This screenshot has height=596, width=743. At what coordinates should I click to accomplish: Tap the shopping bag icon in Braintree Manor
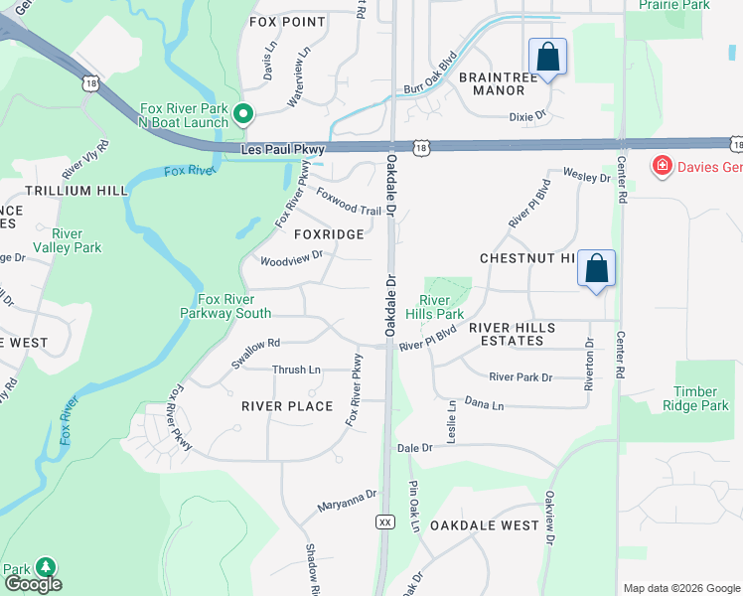click(547, 57)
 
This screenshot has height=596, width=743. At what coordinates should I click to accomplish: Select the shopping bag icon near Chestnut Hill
click(596, 268)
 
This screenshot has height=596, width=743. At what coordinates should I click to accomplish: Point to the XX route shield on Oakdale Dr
click(385, 521)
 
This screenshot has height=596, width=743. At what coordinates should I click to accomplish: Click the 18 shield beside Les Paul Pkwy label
click(423, 148)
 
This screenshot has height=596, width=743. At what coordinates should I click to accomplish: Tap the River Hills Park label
click(442, 307)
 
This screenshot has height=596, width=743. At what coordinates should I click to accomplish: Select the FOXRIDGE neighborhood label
click(328, 234)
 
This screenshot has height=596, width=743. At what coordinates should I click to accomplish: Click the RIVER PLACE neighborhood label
click(286, 406)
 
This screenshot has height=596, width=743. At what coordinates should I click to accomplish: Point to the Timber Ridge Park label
click(701, 399)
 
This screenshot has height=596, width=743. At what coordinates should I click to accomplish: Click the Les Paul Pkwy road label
click(283, 150)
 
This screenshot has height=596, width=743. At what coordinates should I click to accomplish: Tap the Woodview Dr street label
click(291, 258)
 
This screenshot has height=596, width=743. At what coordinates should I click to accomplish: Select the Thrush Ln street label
click(296, 371)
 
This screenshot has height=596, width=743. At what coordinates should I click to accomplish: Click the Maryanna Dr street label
click(348, 501)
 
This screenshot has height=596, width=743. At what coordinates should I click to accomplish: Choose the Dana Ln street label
click(485, 405)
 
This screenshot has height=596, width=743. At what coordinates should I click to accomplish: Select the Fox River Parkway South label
click(225, 306)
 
